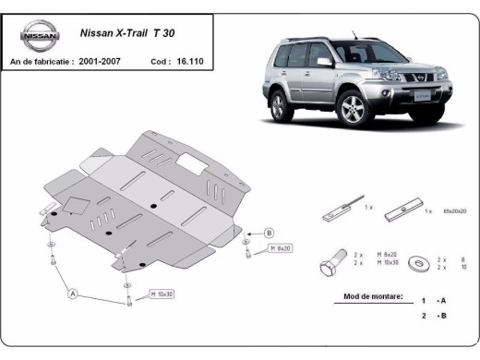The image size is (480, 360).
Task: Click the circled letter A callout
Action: pos(72,294)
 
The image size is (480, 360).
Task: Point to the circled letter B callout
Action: pos(270,232)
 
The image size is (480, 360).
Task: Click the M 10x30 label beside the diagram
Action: pos(162,294)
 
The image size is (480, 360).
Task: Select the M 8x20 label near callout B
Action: pos(281,248)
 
